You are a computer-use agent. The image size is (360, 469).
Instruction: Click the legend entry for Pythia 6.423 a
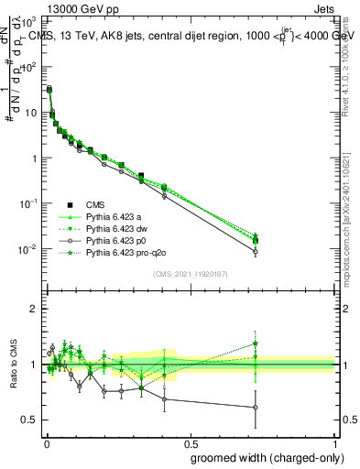click(116, 217)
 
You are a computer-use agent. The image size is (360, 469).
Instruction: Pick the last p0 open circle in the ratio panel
click(256, 408)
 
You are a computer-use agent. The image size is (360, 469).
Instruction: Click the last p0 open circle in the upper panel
click(256, 251)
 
